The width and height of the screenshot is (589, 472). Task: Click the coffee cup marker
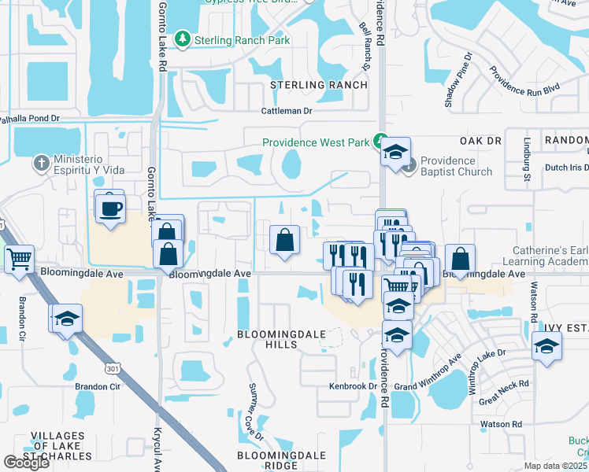point(109,208)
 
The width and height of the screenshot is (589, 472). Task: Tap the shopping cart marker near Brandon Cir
point(19,258)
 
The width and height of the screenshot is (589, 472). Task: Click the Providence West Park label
point(316,142)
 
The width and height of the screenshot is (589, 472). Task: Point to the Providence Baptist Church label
point(456,166)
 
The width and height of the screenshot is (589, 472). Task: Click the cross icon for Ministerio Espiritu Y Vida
point(41,164)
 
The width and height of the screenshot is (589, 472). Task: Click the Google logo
point(27,462)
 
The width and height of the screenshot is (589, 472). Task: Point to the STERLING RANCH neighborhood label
point(319,85)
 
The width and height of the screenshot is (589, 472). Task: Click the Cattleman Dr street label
point(287,111)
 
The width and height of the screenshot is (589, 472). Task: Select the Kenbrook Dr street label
point(353,386)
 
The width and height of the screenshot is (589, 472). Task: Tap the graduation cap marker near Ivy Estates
point(546,346)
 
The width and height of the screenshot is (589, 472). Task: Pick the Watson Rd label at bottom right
point(505,425)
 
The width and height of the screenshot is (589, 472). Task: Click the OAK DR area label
point(481,140)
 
